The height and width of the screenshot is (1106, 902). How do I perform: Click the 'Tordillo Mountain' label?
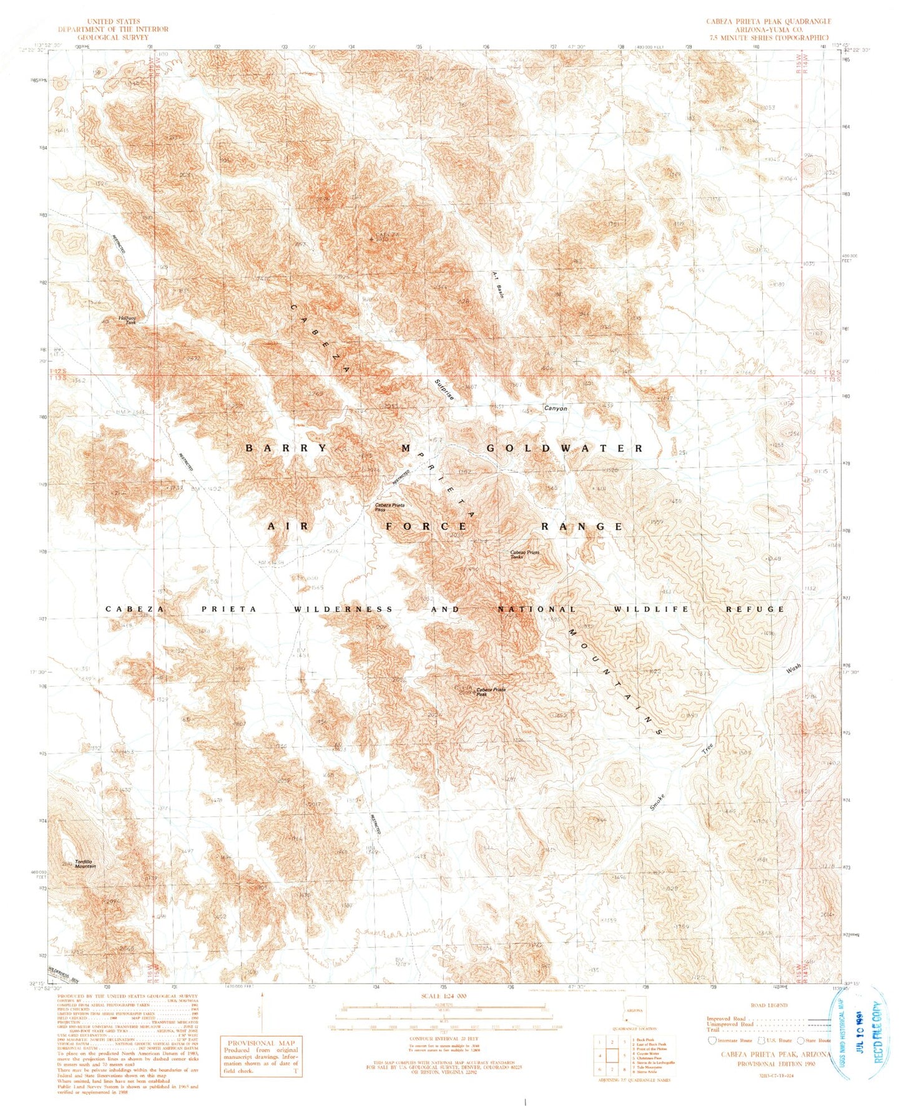86,865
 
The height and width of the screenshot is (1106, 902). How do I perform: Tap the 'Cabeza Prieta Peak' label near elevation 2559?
491,692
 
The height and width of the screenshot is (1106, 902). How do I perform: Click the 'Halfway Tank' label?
127,320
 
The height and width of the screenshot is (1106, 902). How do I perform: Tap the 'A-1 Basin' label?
497,285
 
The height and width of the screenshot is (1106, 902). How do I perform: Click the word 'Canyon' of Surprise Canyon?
556,409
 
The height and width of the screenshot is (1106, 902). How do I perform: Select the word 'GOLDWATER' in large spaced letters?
564,449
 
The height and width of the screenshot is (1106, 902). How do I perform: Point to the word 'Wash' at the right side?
793,669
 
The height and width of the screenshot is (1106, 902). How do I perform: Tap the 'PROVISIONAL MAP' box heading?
260,1042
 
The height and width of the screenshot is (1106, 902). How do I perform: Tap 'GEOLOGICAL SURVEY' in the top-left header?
113,37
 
